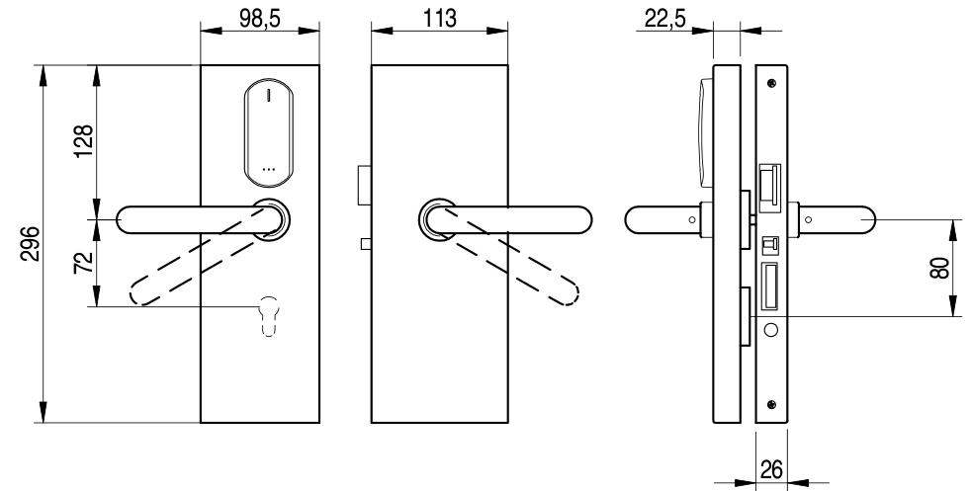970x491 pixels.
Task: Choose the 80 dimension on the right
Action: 941,267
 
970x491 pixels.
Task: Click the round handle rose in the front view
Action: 270,218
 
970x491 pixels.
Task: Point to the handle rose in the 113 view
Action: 437,219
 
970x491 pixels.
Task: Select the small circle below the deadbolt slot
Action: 770,329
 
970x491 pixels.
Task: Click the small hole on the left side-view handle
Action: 689,219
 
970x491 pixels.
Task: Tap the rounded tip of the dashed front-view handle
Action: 140,293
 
